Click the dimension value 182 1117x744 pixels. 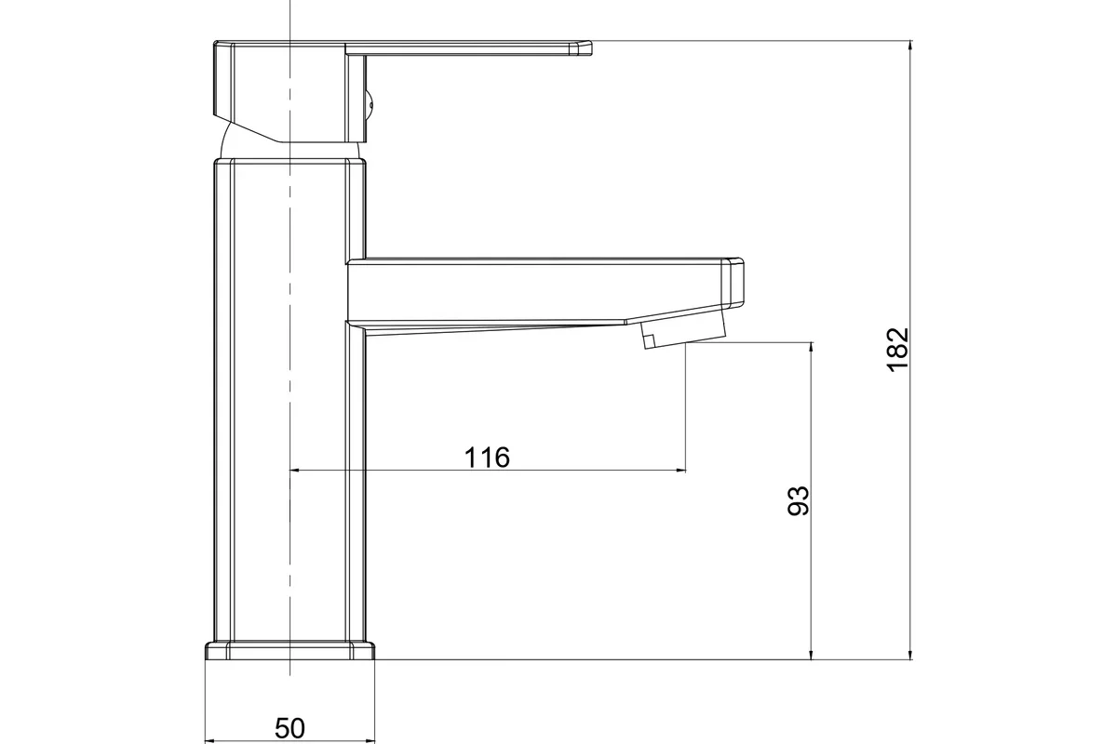[x=898, y=350]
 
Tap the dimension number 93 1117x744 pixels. [x=799, y=501]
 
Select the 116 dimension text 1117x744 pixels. [x=487, y=457]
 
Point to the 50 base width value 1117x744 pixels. [x=289, y=728]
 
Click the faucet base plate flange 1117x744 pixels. [x=289, y=651]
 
